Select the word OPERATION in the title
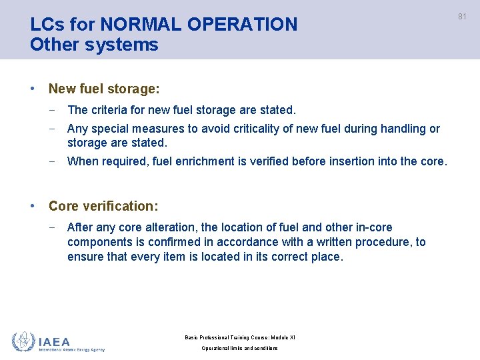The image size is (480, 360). coord(242,25)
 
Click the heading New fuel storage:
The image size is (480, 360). coord(104,89)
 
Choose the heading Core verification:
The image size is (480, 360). coord(103,206)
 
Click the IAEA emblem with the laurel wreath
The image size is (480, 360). coord(23,342)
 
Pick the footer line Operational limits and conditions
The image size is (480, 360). coord(240,348)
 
